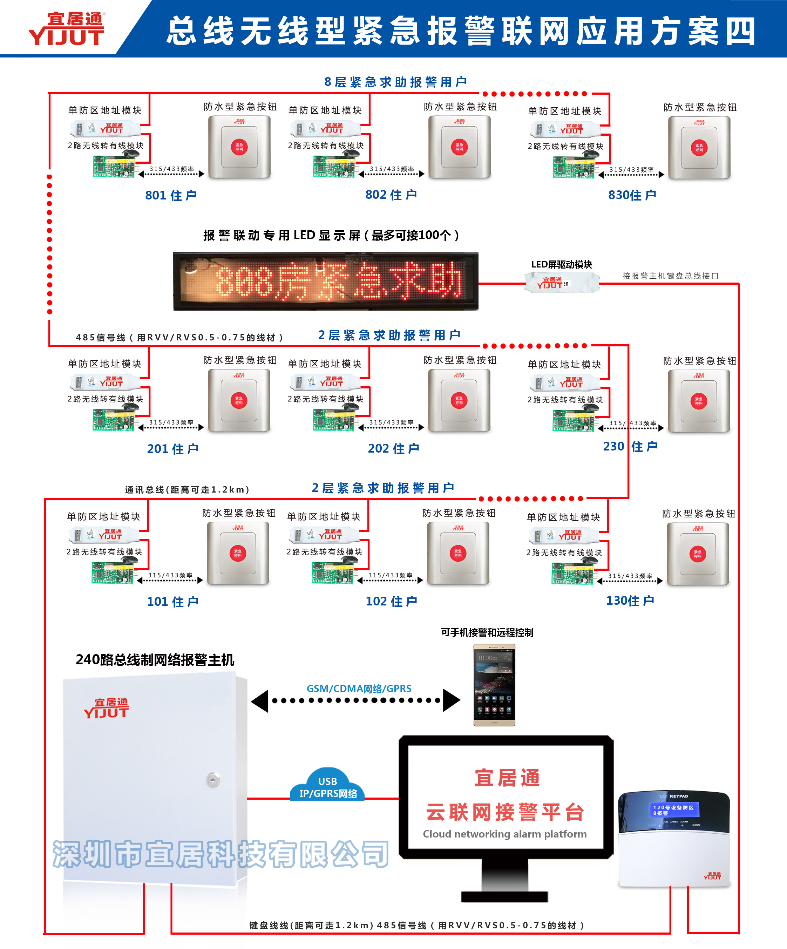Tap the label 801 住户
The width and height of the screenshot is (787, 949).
tap(171, 195)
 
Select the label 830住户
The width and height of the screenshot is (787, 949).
tap(632, 195)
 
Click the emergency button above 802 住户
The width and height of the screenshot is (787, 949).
tap(459, 147)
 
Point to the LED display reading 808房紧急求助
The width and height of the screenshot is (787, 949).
tap(325, 281)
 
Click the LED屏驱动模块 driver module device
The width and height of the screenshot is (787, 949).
tap(562, 283)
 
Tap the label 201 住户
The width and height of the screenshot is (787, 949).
tap(172, 449)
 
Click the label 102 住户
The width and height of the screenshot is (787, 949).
tap(391, 602)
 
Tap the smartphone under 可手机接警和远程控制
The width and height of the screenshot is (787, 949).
tap(494, 685)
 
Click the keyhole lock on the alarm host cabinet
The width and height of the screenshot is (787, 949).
tap(213, 780)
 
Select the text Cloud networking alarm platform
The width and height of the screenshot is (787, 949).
tap(505, 834)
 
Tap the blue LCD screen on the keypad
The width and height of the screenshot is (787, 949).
tap(673, 810)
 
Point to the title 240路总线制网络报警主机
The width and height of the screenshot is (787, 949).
tap(155, 660)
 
